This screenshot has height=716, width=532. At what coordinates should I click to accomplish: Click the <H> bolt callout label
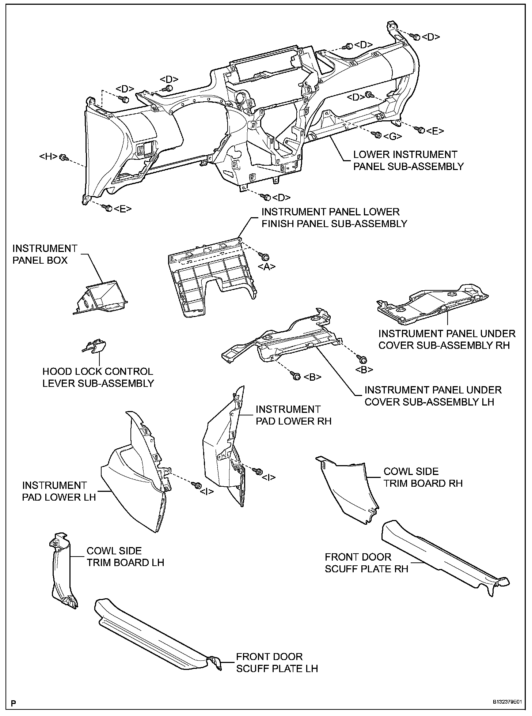click(48, 157)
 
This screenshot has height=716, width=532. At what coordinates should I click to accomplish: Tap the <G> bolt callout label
click(393, 136)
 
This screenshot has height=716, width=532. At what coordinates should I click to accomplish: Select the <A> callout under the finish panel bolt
click(267, 267)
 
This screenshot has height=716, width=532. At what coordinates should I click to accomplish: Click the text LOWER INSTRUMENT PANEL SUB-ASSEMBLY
click(408, 161)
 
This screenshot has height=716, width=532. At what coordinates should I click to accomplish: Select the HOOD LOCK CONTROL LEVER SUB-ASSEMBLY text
click(98, 377)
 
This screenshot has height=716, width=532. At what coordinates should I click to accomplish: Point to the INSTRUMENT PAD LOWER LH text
click(59, 491)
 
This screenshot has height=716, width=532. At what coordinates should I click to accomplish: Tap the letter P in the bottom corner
click(14, 703)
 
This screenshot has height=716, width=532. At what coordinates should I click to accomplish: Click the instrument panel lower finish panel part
click(212, 278)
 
